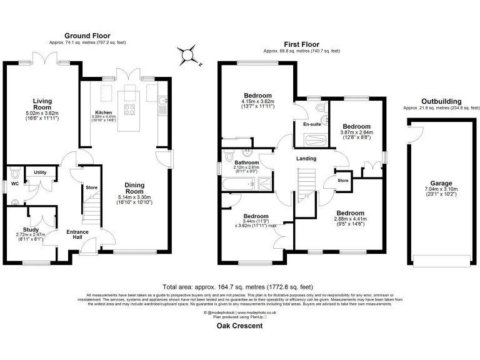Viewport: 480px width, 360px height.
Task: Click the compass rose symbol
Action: [187, 55]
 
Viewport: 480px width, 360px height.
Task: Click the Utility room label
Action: [40, 172]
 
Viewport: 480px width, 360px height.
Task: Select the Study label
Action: [30, 229]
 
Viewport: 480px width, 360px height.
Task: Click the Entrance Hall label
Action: [77, 235]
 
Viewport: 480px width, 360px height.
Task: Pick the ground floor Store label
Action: [91, 187]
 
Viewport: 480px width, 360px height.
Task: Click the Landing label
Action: [306, 159]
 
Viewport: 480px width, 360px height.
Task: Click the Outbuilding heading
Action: [441, 101]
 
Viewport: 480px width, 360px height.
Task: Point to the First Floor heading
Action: [301, 44]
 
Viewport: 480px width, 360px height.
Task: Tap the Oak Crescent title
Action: [240, 326]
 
